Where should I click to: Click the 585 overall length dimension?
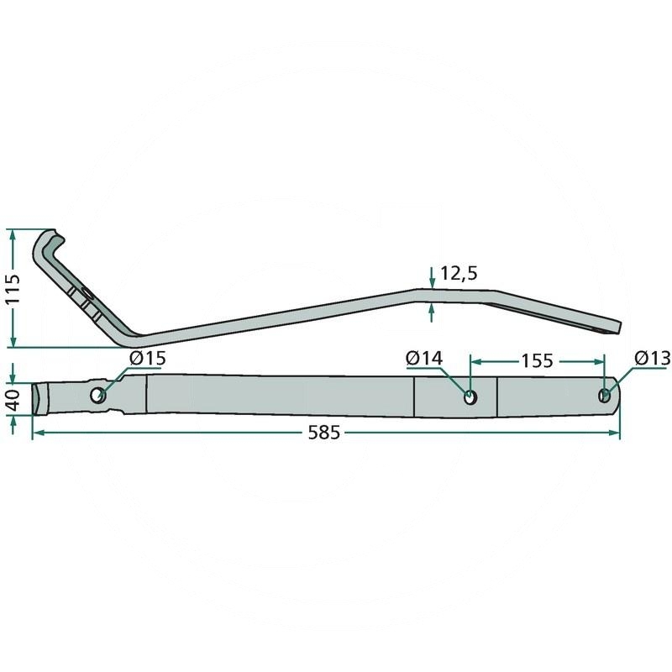(324, 433)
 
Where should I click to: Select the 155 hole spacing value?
(537, 361)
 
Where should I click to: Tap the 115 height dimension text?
(13, 288)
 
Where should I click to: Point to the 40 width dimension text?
(13, 400)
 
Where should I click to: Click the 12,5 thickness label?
(459, 274)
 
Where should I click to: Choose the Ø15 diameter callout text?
(147, 359)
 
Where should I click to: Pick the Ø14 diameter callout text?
(424, 359)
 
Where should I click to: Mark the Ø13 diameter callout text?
(653, 359)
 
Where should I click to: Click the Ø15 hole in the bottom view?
(98, 395)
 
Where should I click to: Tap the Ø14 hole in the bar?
(470, 397)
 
